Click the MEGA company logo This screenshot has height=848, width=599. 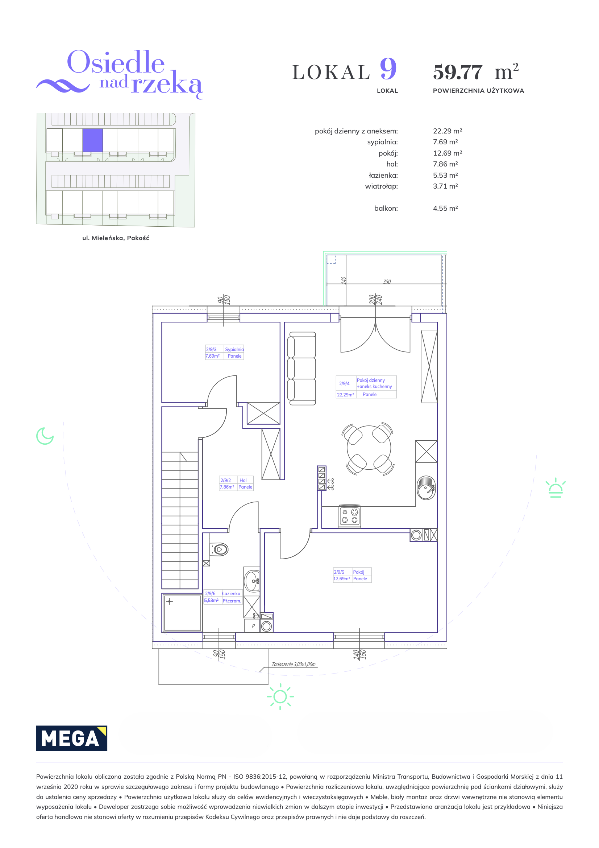(72, 738)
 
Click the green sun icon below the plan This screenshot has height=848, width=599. (280, 696)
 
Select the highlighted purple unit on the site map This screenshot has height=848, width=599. (92, 140)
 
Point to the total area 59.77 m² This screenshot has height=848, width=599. (476, 71)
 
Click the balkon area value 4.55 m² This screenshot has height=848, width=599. (445, 208)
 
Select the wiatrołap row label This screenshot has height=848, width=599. (381, 186)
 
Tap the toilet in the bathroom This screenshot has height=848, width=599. (219, 549)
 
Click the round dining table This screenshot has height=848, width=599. (369, 448)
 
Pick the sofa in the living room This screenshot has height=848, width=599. (301, 368)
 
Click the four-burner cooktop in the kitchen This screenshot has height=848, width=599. (350, 516)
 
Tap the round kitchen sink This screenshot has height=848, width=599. (426, 487)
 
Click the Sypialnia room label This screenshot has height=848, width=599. (234, 349)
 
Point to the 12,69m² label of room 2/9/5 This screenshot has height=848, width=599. (342, 579)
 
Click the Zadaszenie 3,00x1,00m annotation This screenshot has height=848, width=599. (294, 664)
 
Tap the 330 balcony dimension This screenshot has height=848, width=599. (387, 281)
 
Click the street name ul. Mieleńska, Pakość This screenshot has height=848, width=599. (116, 238)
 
